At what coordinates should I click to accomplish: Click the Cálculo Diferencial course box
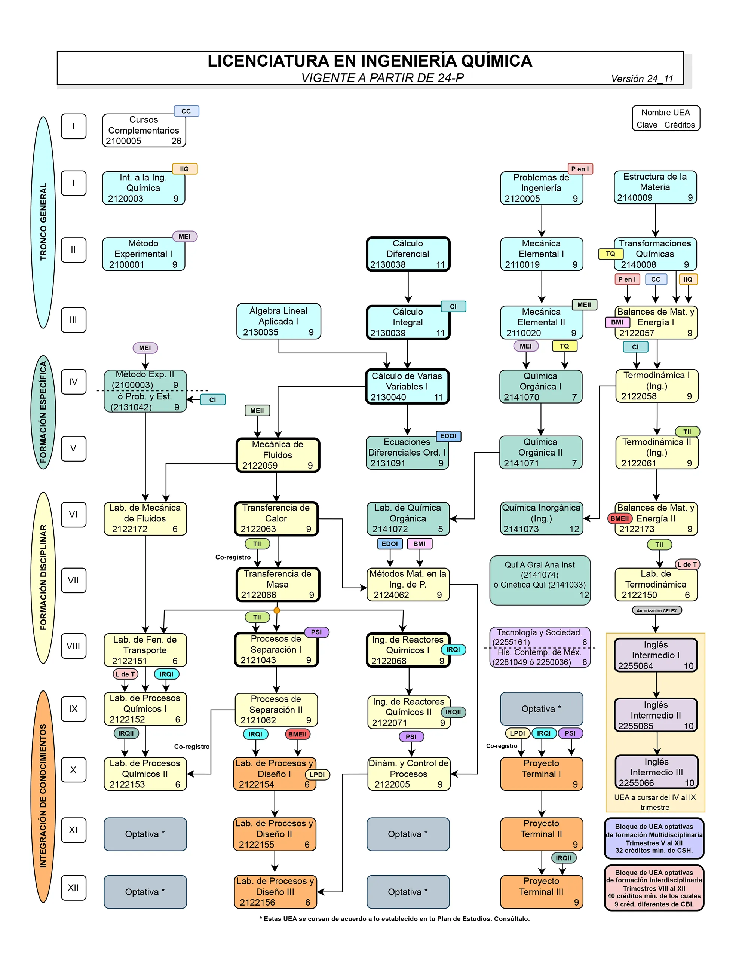[408, 254]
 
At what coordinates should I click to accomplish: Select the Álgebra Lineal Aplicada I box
[278, 321]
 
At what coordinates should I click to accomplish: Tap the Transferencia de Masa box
[278, 584]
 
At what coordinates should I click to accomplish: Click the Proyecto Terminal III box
[542, 891]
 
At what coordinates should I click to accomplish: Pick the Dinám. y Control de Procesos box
[408, 774]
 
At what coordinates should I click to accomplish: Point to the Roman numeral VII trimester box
[74, 580]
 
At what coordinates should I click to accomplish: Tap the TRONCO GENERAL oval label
[43, 221]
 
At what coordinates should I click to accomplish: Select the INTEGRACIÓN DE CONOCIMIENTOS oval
[43, 796]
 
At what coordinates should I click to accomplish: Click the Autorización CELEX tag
[656, 610]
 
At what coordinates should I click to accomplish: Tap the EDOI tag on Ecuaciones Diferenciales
[448, 436]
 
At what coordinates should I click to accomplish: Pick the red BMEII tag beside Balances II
[619, 518]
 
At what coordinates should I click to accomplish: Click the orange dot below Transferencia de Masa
[277, 610]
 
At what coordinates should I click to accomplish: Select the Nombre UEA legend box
[666, 118]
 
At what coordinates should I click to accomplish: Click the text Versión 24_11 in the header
[642, 79]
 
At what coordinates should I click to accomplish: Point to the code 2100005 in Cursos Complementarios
[124, 141]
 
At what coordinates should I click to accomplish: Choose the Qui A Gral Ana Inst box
[540, 580]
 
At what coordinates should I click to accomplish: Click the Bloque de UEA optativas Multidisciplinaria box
[654, 838]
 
